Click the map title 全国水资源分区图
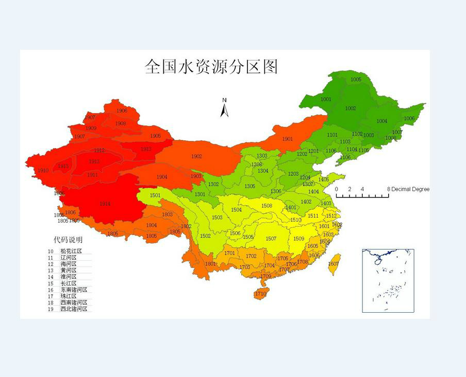[211, 67]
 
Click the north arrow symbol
[224, 109]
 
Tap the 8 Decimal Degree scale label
[409, 189]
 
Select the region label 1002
[351, 109]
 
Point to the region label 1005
[356, 80]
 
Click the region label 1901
[287, 139]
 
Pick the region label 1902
[196, 156]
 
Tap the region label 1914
[105, 204]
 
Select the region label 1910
[43, 171]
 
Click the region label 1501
[155, 195]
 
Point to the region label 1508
[267, 206]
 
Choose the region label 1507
[271, 239]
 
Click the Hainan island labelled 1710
[260, 294]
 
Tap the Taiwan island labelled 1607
[334, 264]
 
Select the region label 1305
[249, 186]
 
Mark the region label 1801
[210, 264]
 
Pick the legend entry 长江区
[68, 283]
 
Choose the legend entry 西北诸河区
[74, 309]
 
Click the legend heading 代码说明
[68, 240]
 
